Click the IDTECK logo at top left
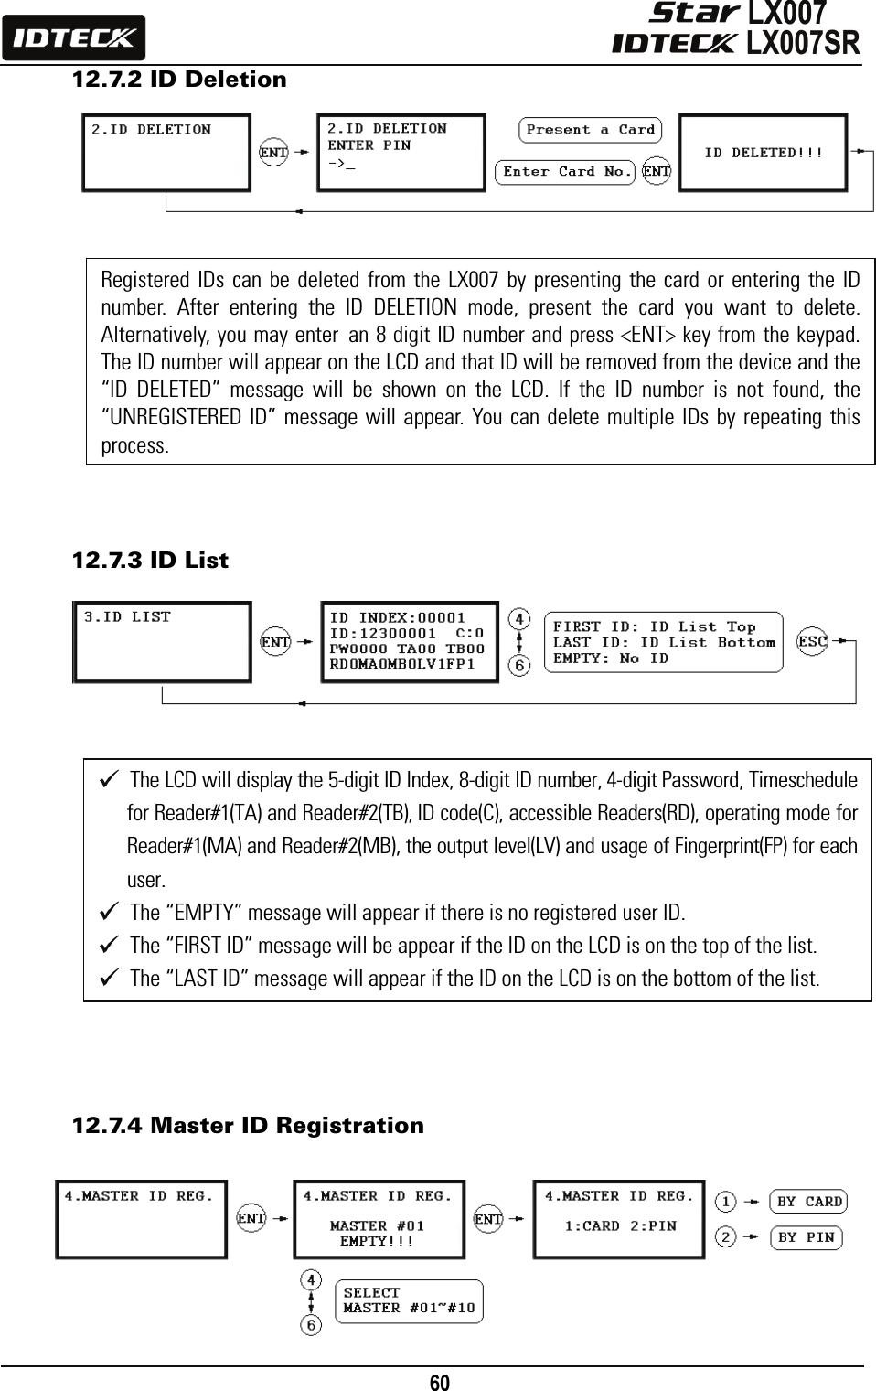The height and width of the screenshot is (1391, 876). (x=73, y=38)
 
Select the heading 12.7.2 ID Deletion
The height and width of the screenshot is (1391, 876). (x=179, y=80)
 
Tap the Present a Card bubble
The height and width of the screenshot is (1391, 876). (x=590, y=130)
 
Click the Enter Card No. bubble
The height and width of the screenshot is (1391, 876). (x=566, y=172)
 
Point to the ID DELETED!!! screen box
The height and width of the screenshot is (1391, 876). (x=763, y=153)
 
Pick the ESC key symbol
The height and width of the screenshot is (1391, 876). (x=812, y=642)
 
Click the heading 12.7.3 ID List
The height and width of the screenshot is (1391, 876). (x=150, y=560)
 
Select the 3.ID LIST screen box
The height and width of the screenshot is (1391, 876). (x=163, y=642)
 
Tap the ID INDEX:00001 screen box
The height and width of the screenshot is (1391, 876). (x=409, y=641)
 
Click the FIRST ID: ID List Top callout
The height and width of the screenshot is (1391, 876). (x=663, y=642)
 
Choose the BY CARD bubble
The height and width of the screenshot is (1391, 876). (x=808, y=1202)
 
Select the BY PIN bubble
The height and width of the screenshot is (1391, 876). (x=805, y=1237)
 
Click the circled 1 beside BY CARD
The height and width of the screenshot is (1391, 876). (x=725, y=1201)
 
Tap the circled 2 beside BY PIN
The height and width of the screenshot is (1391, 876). (x=725, y=1237)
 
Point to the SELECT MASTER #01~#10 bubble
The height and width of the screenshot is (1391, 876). (x=409, y=1300)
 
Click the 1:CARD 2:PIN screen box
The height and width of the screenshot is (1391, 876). (x=619, y=1220)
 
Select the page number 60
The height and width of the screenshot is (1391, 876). (x=440, y=1381)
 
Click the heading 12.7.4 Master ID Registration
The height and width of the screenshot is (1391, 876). (x=248, y=1125)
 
